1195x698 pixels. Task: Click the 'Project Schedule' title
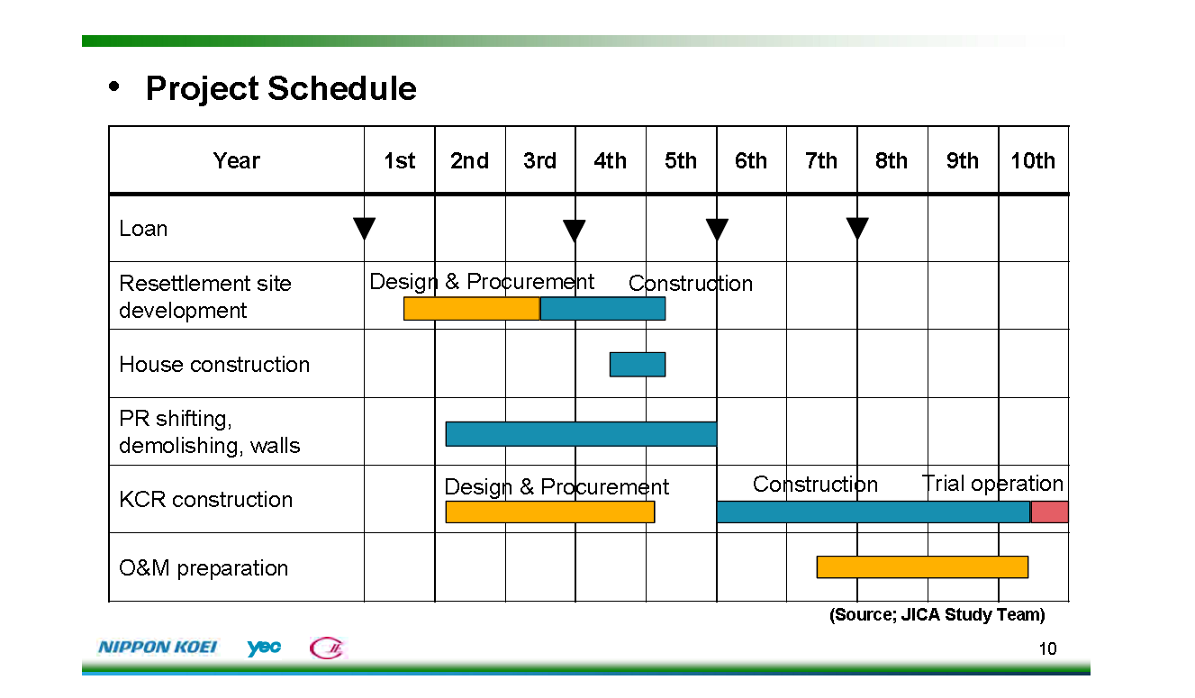(281, 88)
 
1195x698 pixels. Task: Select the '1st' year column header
(399, 160)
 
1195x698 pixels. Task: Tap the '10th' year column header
(1033, 160)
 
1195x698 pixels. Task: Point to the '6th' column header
(751, 160)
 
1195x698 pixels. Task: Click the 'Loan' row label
(143, 229)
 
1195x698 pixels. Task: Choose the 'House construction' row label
(214, 365)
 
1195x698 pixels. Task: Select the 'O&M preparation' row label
(204, 567)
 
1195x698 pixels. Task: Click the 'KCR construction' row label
(205, 500)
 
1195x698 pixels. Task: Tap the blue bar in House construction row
(638, 365)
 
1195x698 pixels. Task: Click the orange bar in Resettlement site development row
(472, 308)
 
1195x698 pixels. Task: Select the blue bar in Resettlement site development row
(602, 308)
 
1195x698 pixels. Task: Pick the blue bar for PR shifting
(582, 434)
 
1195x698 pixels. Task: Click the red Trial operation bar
(1050, 512)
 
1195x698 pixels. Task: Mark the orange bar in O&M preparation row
(922, 567)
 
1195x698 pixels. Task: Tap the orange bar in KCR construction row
(550, 512)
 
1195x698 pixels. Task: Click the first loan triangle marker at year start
(365, 229)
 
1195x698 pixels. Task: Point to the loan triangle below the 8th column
(857, 229)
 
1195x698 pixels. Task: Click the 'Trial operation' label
(992, 484)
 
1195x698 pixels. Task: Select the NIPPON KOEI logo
(158, 648)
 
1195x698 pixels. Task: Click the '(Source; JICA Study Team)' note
(937, 615)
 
